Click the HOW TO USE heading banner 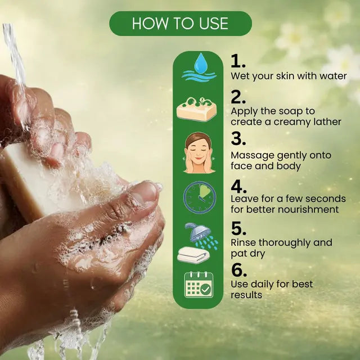tap(181, 24)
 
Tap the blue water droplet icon tap(201, 62)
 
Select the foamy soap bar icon tap(196, 109)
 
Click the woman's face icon tap(199, 152)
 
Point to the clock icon tap(200, 197)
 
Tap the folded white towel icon tap(193, 255)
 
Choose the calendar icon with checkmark tap(199, 285)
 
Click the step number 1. tap(238, 61)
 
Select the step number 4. tap(238, 186)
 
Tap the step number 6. tap(239, 269)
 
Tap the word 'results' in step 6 tap(246, 295)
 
